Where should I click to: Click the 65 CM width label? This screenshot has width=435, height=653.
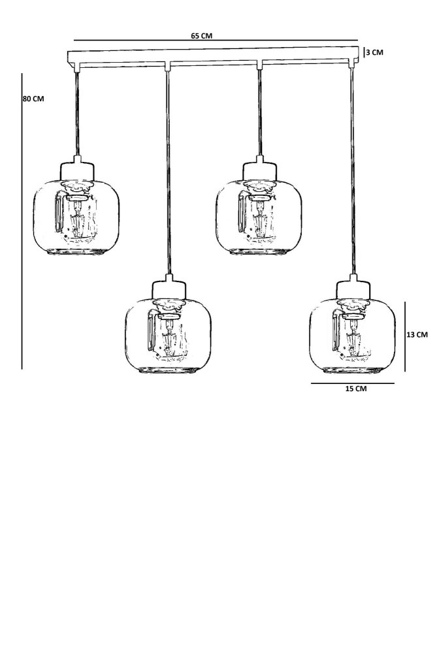pos(201,37)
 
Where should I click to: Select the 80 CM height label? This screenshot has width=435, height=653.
pos(33,99)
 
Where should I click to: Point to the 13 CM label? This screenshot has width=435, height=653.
pos(417,334)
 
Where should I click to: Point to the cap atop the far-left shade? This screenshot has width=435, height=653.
pos(77,169)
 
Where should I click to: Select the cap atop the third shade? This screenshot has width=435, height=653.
pos(260,169)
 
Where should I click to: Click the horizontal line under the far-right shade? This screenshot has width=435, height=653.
pos(353,383)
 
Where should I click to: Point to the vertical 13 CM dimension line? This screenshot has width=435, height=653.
pos(405,336)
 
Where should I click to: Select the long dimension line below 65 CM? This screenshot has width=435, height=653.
pos(216,41)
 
